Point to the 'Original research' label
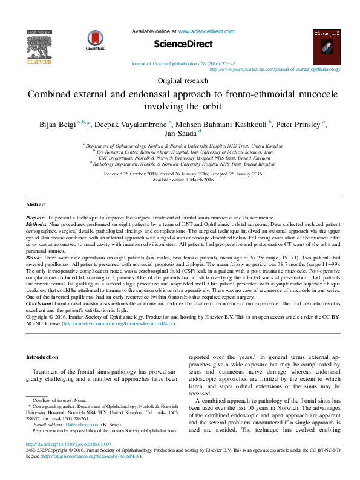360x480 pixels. (180, 80)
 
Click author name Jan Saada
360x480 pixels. (180, 134)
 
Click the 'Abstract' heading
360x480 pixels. (37, 205)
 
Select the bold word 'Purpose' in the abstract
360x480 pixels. (36, 217)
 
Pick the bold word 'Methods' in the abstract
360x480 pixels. (36, 223)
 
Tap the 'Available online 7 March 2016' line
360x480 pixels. (180, 180)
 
